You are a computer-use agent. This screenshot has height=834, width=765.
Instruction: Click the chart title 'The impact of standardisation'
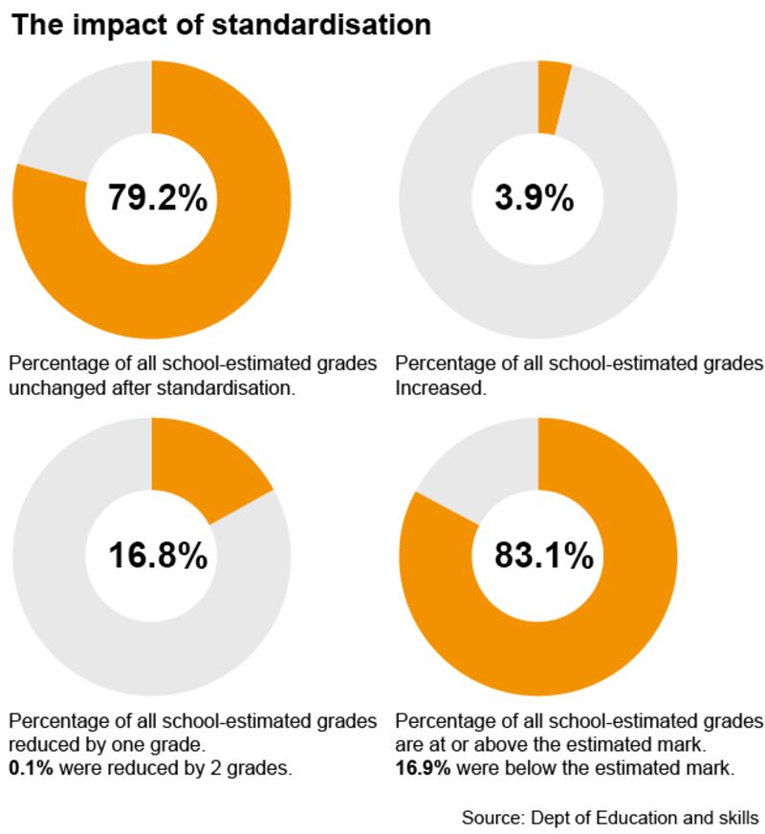coord(221,25)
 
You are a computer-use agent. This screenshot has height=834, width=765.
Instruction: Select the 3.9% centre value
coord(535,199)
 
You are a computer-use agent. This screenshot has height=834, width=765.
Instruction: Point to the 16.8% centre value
coord(157,556)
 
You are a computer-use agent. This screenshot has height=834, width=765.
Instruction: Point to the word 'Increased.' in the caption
coord(441,389)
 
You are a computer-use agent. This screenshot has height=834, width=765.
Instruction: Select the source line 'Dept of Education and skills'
coord(639,818)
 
